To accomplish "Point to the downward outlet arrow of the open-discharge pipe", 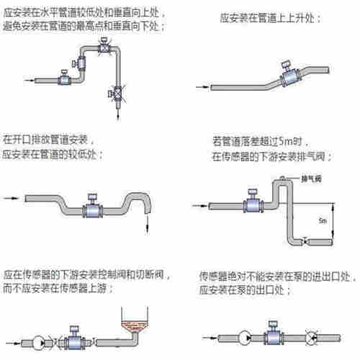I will tap(148, 225).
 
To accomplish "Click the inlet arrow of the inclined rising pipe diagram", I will tap(205, 86).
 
